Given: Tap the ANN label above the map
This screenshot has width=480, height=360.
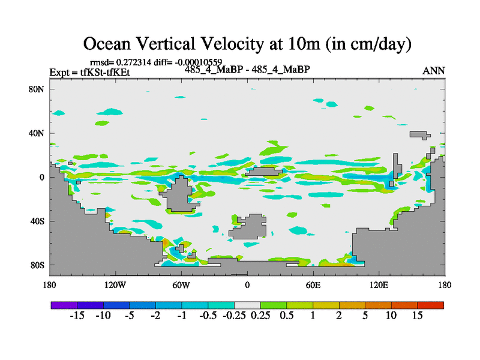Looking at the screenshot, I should [434, 71].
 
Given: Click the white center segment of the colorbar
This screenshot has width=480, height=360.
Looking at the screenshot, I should [247, 305].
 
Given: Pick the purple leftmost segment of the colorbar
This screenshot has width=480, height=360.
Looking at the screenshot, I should [64, 305].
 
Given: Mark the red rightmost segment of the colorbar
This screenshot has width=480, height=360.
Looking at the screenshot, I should [430, 305].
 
